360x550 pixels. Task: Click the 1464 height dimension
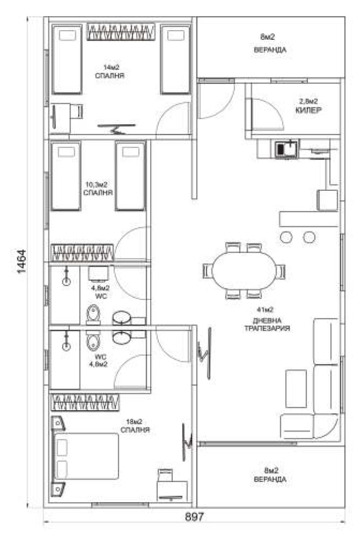click(22, 261)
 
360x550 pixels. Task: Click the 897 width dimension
click(194, 517)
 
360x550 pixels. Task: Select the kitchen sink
click(286, 149)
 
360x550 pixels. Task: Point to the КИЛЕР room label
click(308, 110)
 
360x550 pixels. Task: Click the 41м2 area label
click(265, 310)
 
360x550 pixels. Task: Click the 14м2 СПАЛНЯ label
click(110, 71)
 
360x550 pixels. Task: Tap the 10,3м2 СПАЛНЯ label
click(97, 188)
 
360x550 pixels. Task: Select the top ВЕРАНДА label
click(270, 50)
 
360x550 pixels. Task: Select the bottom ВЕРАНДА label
click(270, 480)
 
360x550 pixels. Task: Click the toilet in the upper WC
click(93, 315)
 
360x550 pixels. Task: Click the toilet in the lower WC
click(93, 341)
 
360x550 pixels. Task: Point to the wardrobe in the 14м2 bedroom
click(121, 32)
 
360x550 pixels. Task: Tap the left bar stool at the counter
click(286, 238)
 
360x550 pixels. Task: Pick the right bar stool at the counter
click(309, 238)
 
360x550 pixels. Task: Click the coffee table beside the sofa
click(296, 389)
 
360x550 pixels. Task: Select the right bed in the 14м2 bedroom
click(175, 59)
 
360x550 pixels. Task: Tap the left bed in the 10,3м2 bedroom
click(66, 176)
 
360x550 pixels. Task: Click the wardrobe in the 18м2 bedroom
click(86, 402)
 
